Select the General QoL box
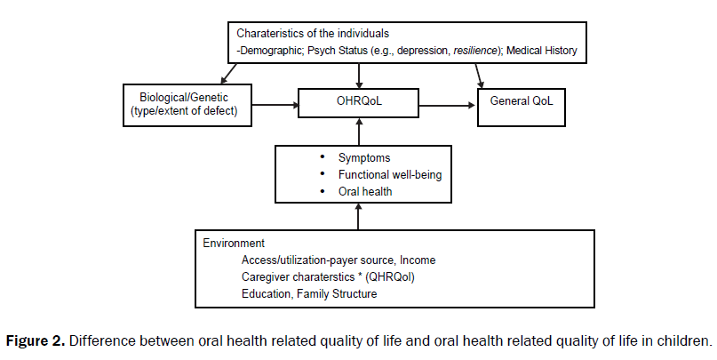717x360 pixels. pos(522,101)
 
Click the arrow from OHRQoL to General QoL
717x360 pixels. pos(446,104)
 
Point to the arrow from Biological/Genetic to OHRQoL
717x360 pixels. pos(272,104)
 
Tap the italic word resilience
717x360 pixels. pos(476,52)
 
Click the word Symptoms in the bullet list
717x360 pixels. pos(364,158)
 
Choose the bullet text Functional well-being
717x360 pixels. pos(389,175)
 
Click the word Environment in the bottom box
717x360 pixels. pos(234,243)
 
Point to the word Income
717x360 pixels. pos(418,260)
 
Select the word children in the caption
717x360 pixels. pos(687,341)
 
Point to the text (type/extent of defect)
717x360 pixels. pos(185,112)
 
